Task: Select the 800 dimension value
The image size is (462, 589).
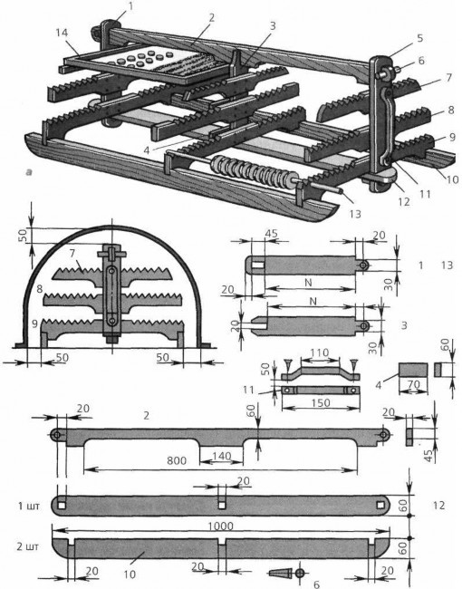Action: pyautogui.click(x=178, y=460)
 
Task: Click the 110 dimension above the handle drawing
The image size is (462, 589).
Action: pyautogui.click(x=313, y=349)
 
